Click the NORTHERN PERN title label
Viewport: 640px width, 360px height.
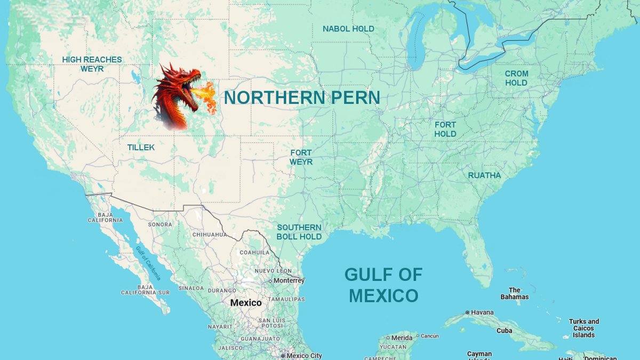[x=301, y=98]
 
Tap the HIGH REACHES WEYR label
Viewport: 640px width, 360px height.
[x=92, y=64]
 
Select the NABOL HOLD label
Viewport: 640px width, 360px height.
[x=348, y=29]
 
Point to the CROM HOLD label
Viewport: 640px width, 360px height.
[x=516, y=78]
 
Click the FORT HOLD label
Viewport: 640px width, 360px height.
[x=445, y=129]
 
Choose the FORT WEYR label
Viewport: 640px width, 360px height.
[x=301, y=157]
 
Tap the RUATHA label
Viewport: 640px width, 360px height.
[x=484, y=175]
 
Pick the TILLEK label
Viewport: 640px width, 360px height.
[x=141, y=147]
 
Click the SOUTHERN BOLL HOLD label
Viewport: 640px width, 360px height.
[x=299, y=232]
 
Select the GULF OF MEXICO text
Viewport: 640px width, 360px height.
[x=383, y=285]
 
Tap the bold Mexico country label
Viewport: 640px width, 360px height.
[x=246, y=303]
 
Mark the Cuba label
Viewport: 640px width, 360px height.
[x=504, y=331]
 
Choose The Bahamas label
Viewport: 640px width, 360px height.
[x=514, y=293]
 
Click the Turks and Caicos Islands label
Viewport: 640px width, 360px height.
[x=583, y=328]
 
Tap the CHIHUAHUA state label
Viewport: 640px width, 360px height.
[x=209, y=235]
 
